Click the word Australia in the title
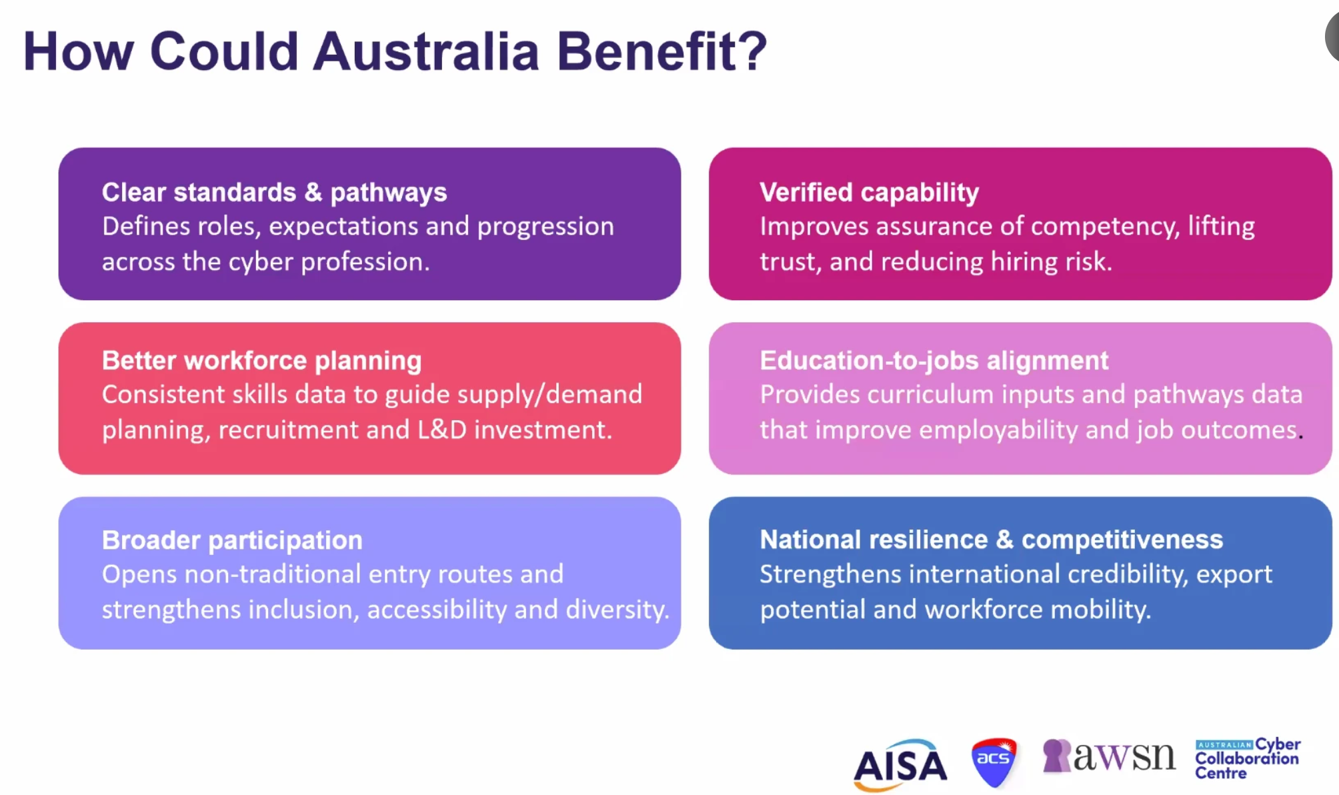[x=426, y=51]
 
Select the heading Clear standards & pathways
[x=274, y=193]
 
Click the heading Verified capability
[x=869, y=193]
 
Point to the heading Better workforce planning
[x=261, y=361]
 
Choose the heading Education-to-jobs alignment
[x=934, y=361]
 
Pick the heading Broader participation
[x=232, y=540]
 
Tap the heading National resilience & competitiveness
[x=992, y=540]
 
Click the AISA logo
[x=900, y=764]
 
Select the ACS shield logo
[x=994, y=762]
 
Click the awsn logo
[x=1109, y=756]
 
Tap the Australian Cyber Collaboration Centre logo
[x=1248, y=758]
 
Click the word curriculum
[x=931, y=395]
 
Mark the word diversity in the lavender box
[x=617, y=610]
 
